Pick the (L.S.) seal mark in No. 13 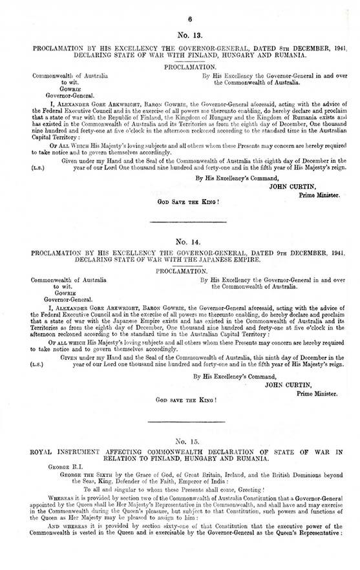coord(38,167)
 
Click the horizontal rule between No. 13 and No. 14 coord(180,222)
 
